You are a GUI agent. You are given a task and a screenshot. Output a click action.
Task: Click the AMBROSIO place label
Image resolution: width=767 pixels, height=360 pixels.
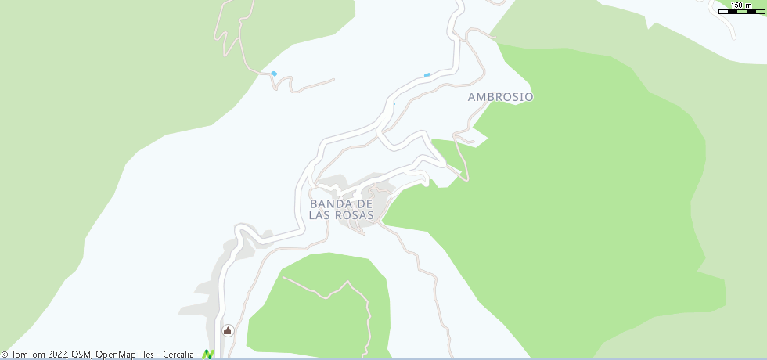click(x=500, y=97)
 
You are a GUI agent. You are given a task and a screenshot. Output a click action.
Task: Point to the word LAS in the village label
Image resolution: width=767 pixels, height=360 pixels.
click(x=320, y=215)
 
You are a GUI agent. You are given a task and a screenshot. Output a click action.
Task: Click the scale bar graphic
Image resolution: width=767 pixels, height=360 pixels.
click(x=740, y=12)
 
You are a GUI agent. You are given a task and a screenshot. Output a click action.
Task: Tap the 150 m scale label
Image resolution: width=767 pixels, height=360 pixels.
click(x=740, y=5)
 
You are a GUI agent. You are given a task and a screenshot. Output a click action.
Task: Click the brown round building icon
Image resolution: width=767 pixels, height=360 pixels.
click(x=228, y=330)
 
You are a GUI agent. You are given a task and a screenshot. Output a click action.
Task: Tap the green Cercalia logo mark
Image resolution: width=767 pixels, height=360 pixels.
click(x=207, y=355)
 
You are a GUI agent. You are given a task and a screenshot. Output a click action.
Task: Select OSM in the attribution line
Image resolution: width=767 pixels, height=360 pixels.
click(x=81, y=355)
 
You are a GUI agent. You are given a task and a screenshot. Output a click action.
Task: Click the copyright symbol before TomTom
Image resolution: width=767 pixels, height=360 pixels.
click(x=5, y=355)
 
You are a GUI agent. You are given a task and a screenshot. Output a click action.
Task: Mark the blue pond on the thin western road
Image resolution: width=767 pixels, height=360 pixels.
click(x=274, y=74)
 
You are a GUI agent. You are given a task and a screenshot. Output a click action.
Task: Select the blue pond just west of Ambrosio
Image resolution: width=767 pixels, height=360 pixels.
click(x=427, y=75)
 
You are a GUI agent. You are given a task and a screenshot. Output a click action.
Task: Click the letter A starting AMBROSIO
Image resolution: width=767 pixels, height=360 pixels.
click(x=472, y=97)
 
